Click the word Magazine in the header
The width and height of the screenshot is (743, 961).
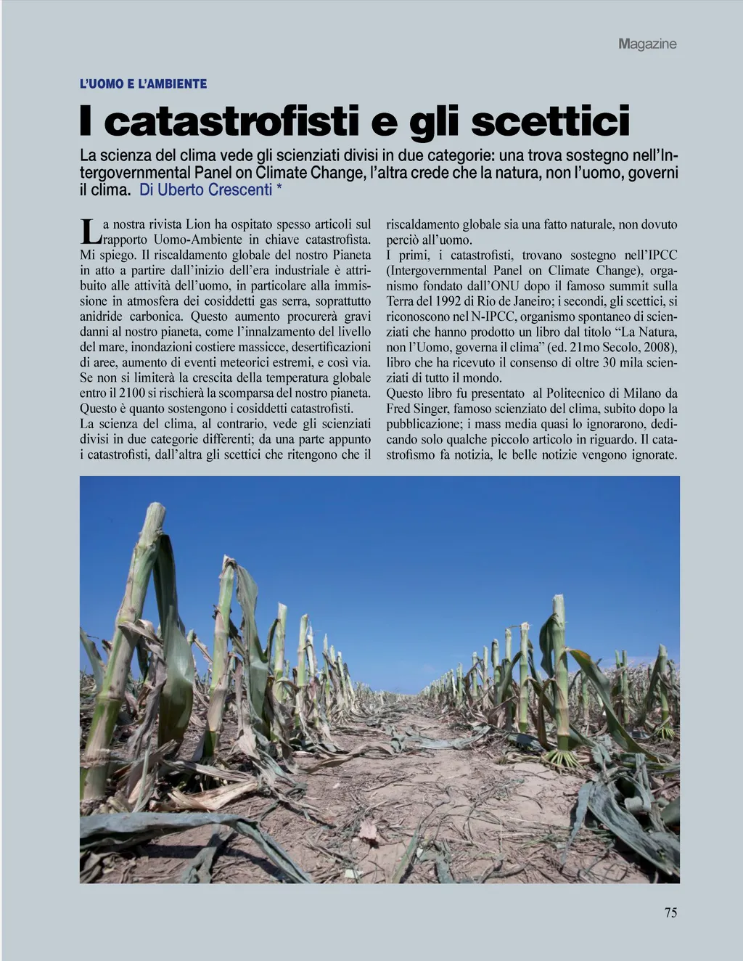tap(647, 44)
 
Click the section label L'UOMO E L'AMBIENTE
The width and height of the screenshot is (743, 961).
tap(143, 84)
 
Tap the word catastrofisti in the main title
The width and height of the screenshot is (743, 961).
tap(231, 122)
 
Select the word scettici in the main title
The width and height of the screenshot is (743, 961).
tap(551, 122)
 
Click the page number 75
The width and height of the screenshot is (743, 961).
tap(670, 913)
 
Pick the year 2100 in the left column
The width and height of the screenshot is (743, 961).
tap(132, 393)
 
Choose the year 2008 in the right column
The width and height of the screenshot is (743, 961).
tap(658, 347)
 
